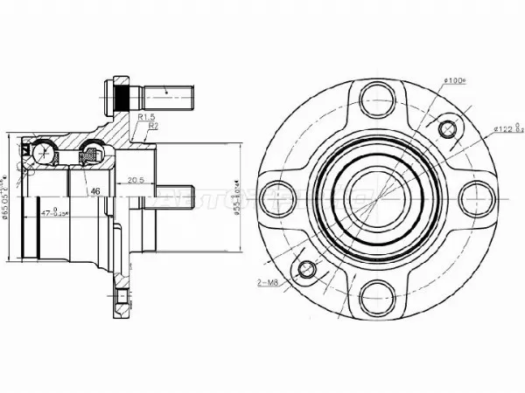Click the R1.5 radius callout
click(x=146, y=117)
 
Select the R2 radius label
click(x=152, y=126)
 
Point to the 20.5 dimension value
click(x=135, y=182)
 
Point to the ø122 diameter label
click(x=507, y=130)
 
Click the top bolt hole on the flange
click(x=377, y=97)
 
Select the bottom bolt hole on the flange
click(x=376, y=293)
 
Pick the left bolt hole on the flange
click(x=279, y=196)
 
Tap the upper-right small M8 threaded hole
click(x=447, y=130)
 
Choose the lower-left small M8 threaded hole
click(x=306, y=268)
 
